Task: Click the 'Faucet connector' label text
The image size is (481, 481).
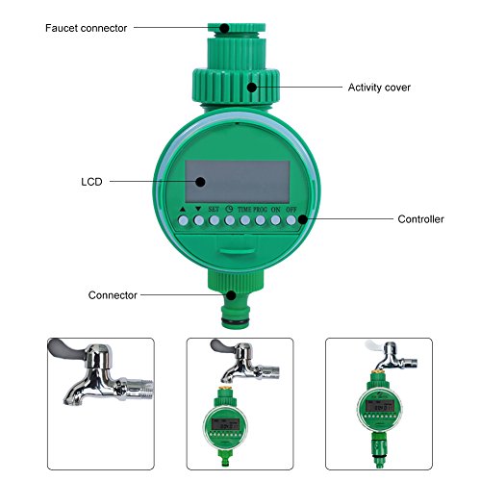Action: (86, 28)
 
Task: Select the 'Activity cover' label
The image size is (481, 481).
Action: (379, 87)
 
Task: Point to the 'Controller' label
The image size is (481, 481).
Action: (421, 219)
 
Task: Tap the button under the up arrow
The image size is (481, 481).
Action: (182, 220)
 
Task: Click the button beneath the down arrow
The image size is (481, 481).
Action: (198, 220)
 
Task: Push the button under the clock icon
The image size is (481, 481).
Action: (230, 220)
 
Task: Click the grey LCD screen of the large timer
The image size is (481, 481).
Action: (240, 180)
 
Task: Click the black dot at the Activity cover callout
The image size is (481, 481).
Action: (251, 87)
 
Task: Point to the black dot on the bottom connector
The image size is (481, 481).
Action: (232, 293)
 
